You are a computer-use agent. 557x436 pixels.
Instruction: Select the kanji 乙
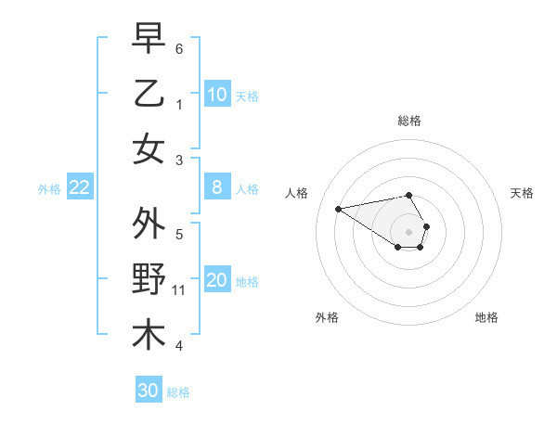click(x=149, y=93)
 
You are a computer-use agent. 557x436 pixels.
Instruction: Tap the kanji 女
click(x=149, y=148)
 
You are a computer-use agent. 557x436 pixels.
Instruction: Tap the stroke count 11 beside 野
click(x=180, y=290)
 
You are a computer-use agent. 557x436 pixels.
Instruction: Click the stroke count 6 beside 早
click(x=179, y=48)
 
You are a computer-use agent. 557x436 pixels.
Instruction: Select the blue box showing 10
click(x=217, y=95)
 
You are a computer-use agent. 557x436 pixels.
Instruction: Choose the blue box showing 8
click(x=217, y=188)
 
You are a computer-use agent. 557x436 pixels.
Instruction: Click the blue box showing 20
click(x=217, y=281)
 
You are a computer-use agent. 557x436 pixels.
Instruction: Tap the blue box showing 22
click(x=80, y=188)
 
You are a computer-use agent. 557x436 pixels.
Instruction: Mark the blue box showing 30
click(x=149, y=391)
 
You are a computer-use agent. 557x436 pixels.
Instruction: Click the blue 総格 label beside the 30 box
click(x=178, y=392)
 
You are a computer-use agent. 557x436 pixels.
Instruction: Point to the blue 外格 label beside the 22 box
click(x=49, y=189)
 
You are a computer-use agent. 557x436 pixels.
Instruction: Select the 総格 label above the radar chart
click(x=409, y=121)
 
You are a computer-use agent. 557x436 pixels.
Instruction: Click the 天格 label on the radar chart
click(x=522, y=193)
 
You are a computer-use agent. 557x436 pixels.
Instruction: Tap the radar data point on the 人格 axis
click(x=338, y=208)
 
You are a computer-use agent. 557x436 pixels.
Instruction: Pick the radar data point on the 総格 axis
click(x=408, y=195)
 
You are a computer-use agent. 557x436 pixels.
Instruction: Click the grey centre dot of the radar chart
click(x=408, y=231)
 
